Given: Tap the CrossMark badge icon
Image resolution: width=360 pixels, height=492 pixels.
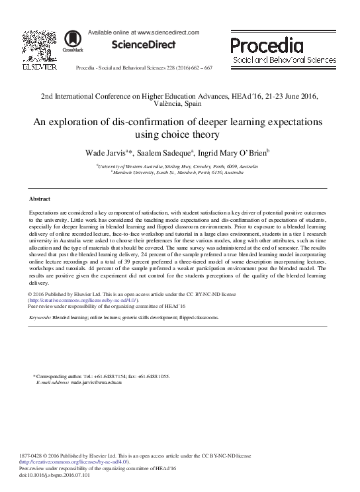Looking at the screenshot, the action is (x=68, y=41).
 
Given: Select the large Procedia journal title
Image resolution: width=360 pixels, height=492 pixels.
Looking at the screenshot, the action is (x=267, y=45).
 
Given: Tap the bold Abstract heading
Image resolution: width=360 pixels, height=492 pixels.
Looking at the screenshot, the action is (x=40, y=199).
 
